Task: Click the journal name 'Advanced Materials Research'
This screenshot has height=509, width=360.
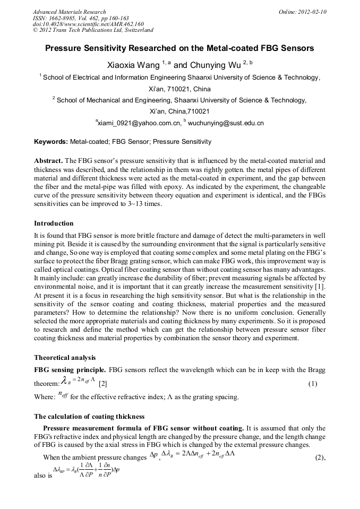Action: point(69,12)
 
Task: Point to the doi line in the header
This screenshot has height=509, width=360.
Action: point(88,24)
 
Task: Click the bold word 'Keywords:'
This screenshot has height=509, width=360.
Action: point(51,142)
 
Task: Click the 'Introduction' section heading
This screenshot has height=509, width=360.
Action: point(54,223)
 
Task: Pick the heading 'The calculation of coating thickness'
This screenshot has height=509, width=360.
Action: point(89,416)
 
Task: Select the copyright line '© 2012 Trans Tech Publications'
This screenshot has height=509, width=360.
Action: point(93,31)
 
